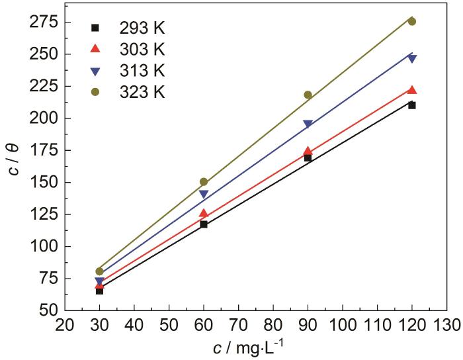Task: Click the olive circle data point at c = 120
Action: pyautogui.click(x=411, y=21)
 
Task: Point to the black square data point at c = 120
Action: pyautogui.click(x=411, y=105)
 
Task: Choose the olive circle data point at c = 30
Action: pyautogui.click(x=99, y=271)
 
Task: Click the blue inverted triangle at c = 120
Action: pyautogui.click(x=411, y=59)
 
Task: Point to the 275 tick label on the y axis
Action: pyautogui.click(x=42, y=22)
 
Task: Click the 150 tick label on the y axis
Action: pyautogui.click(x=42, y=183)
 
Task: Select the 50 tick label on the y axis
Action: pyautogui.click(x=46, y=310)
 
